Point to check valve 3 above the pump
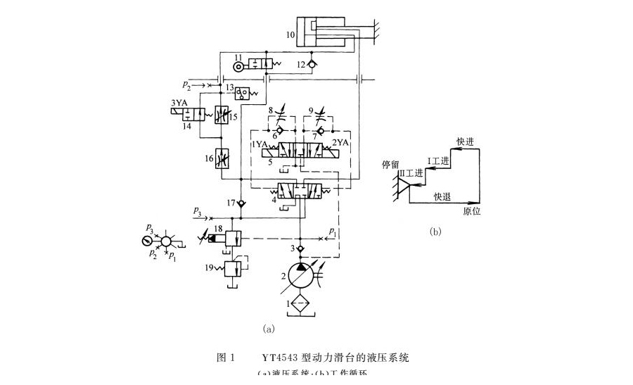pyautogui.click(x=300, y=248)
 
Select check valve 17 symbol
pyautogui.click(x=241, y=203)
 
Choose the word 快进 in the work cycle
pyautogui.click(x=465, y=141)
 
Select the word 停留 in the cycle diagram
pyautogui.click(x=390, y=164)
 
